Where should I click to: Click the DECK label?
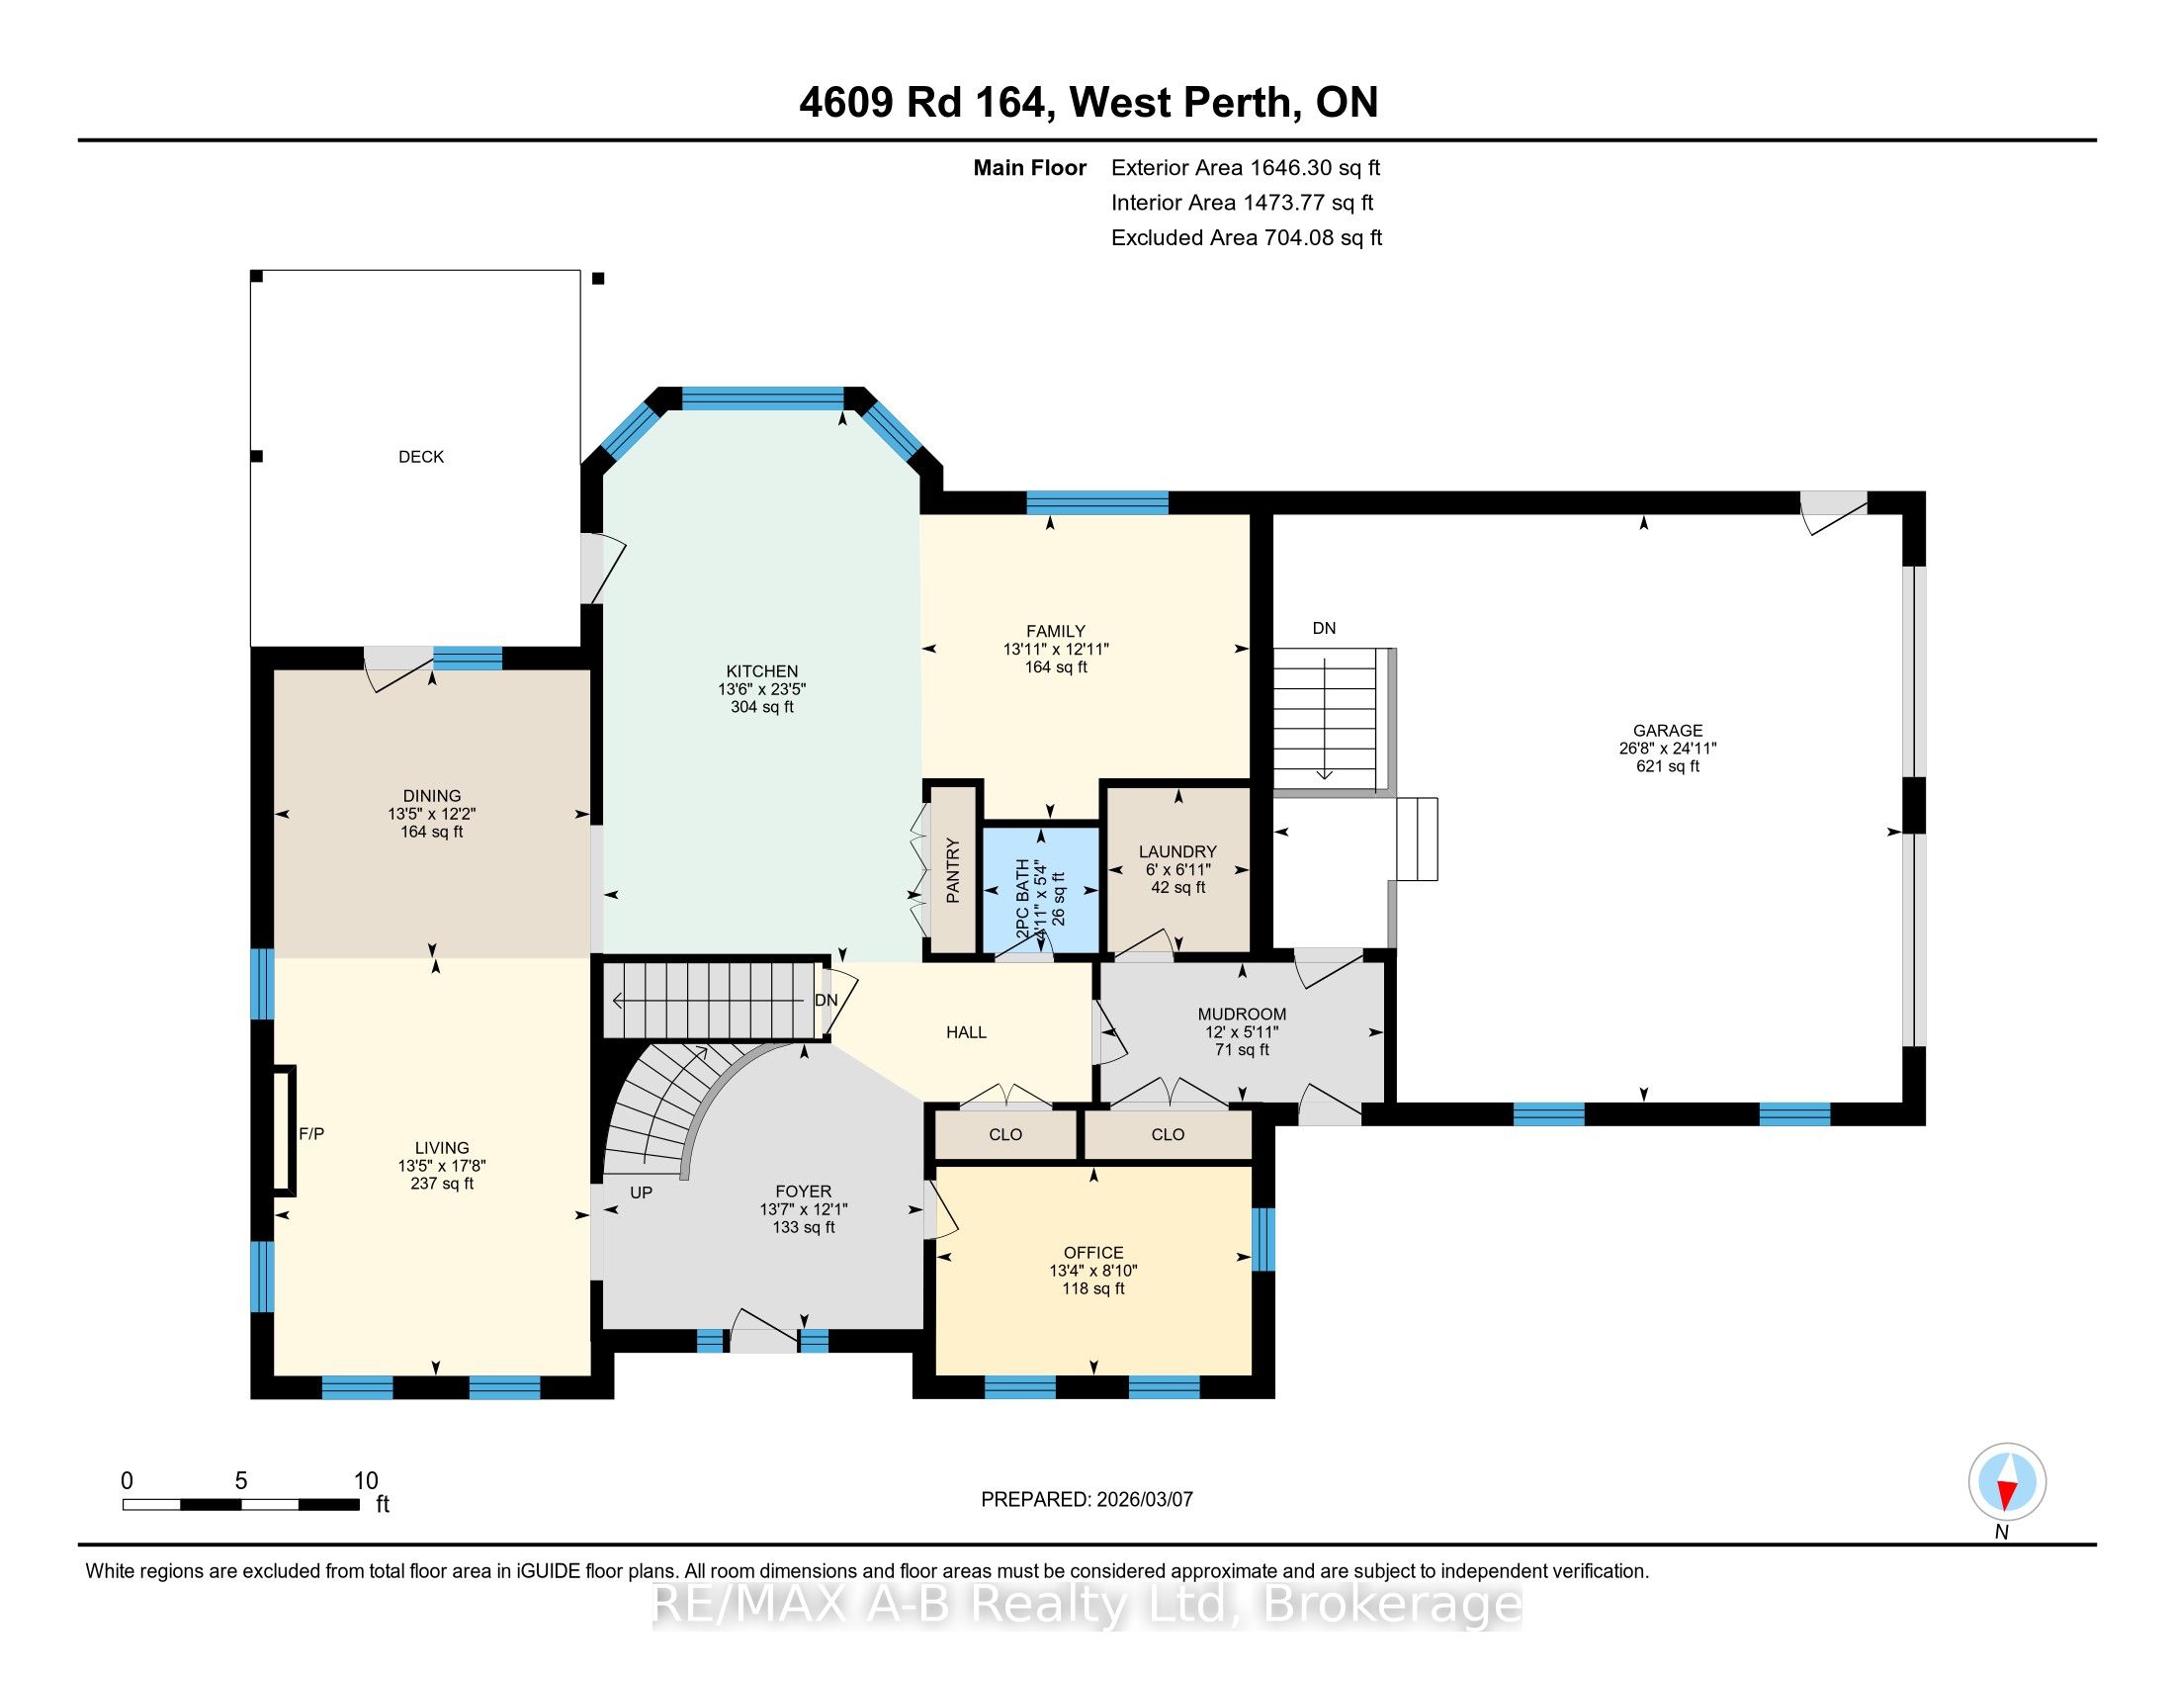click(420, 457)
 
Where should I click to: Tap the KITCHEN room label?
click(762, 671)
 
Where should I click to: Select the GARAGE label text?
click(1667, 730)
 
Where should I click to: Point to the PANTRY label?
click(953, 870)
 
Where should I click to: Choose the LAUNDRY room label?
click(1178, 851)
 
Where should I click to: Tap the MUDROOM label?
click(1242, 1014)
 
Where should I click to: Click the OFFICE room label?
click(1093, 1252)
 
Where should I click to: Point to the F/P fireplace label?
click(311, 1133)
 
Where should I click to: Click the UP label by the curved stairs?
click(642, 1193)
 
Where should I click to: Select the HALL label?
click(966, 1031)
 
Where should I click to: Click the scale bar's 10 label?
click(366, 1481)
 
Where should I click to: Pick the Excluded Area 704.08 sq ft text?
click(1247, 237)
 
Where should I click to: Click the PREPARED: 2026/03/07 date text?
click(1087, 1499)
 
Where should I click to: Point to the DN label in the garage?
click(1324, 628)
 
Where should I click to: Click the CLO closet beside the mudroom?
click(1168, 1134)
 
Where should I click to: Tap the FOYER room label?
click(803, 1192)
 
